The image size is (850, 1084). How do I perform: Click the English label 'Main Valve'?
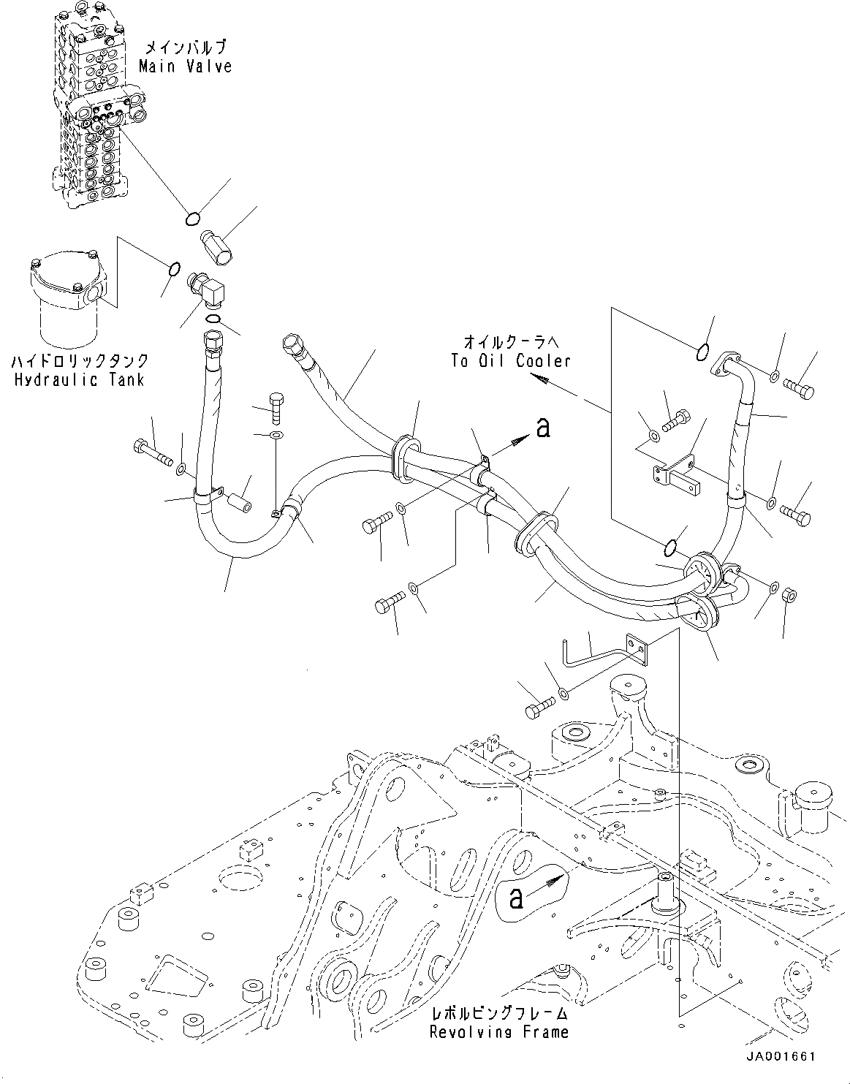186,66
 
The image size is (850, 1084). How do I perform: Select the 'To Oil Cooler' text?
510,360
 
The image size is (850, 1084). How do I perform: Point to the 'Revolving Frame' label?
498,1031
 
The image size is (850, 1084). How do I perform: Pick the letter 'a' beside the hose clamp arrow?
542,428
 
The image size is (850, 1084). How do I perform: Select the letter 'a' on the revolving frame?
516,898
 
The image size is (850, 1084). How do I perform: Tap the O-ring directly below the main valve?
192,217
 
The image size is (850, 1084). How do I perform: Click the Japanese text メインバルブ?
186,48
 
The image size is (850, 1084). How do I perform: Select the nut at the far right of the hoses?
789,594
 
